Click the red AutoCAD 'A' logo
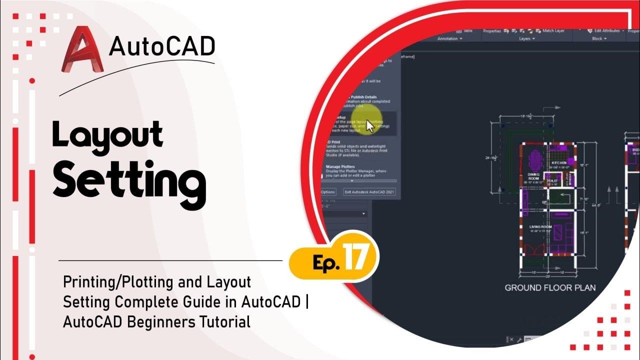pyautogui.click(x=81, y=50)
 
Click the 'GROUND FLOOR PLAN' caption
pyautogui.click(x=550, y=287)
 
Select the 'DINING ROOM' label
pyautogui.click(x=533, y=176)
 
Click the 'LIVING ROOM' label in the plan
pyautogui.click(x=540, y=227)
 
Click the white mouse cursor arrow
pyautogui.click(x=370, y=126)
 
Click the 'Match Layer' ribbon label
pyautogui.click(x=553, y=31)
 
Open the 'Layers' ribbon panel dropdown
pyautogui.click(x=527, y=38)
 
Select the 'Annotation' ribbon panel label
pyautogui.click(x=449, y=38)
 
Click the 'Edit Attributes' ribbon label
pyautogui.click(x=606, y=31)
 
